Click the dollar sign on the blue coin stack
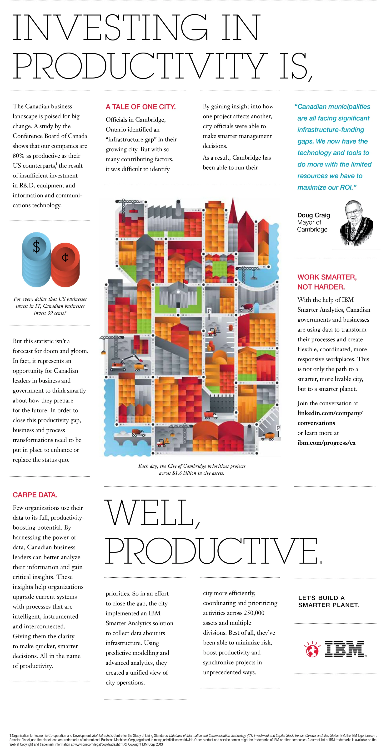36,247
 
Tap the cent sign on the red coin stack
65,257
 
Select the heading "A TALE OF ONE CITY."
140,107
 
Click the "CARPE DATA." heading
35,495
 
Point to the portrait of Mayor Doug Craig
356,223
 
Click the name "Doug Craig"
313,215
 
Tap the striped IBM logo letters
344,649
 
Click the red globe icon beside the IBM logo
312,649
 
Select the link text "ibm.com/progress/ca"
326,443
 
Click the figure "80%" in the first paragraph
19,156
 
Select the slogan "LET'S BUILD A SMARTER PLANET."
328,601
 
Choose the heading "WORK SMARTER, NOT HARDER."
327,282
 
